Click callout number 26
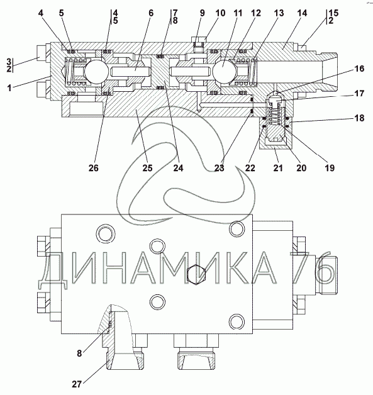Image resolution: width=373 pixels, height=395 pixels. coord(94,168)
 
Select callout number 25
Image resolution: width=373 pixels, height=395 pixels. coord(148,168)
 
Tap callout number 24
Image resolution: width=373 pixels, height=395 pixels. coord(178,168)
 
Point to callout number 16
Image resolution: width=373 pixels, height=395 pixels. coord(359,69)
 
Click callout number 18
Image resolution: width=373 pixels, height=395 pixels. coord(359,118)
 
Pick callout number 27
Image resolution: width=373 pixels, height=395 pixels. coord(77,384)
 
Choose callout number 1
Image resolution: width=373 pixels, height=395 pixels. coord(9,88)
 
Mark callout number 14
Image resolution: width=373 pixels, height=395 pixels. coord(302,13)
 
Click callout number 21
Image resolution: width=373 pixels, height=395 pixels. coord(278,168)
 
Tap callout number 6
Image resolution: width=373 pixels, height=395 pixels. coord(151,13)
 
